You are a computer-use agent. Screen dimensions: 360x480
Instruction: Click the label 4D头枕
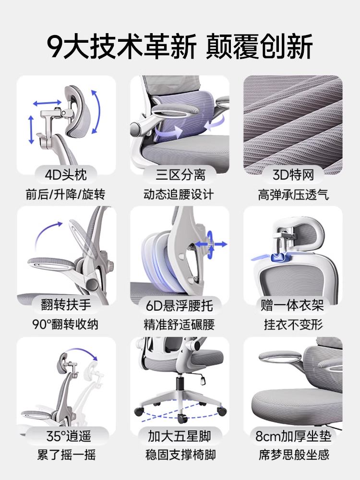(66, 174)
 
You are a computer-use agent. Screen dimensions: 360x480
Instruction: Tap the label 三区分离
(180, 174)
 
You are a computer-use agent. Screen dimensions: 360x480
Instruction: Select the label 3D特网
(293, 174)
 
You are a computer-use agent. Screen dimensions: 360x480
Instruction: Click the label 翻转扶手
(66, 305)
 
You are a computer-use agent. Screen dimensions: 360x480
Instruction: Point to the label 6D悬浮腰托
(180, 305)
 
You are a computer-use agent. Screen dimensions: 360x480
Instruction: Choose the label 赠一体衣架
(293, 305)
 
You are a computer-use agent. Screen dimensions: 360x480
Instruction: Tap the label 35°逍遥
(66, 436)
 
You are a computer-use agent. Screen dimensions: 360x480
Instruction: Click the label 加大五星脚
(180, 436)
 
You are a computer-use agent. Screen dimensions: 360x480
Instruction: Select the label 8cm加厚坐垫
(293, 436)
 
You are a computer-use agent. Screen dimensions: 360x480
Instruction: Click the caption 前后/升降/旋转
(66, 194)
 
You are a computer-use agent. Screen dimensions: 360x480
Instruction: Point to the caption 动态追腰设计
(180, 194)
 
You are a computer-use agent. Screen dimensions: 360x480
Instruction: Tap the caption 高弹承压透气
(293, 194)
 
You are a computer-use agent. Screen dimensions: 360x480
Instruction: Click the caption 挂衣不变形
(293, 324)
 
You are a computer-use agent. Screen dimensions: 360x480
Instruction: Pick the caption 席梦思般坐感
(293, 455)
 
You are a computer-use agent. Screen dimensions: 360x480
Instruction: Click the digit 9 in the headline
(56, 47)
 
